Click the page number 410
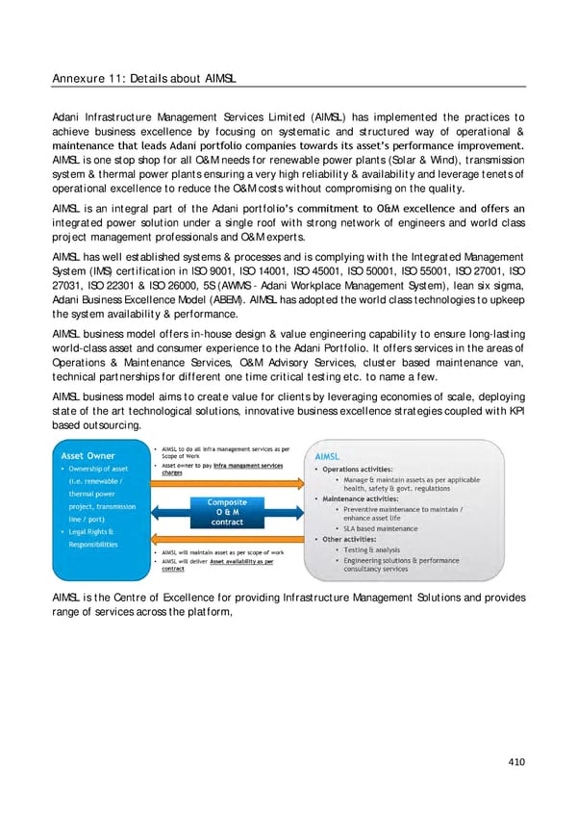pos(517,762)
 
